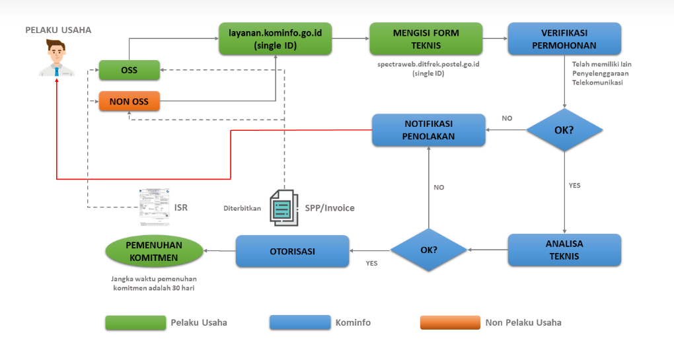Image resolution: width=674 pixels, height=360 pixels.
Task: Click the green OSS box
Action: tap(130, 69)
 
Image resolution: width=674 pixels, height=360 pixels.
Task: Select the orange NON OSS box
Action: tap(130, 101)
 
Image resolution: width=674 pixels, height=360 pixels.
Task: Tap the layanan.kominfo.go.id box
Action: tap(275, 38)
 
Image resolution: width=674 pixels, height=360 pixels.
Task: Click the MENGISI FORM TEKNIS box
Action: tap(426, 38)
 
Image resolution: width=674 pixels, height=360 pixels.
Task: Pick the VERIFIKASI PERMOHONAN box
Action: tap(564, 38)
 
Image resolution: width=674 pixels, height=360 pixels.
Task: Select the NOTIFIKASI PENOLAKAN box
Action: tap(429, 129)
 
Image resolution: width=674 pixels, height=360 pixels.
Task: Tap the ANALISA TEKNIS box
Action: tap(564, 250)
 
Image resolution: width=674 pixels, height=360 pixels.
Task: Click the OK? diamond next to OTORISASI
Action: tap(429, 250)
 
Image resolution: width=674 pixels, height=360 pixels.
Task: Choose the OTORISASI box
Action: tap(293, 251)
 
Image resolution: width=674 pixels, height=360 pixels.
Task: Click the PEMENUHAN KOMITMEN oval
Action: tap(153, 251)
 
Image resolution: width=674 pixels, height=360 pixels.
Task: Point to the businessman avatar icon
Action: tap(57, 58)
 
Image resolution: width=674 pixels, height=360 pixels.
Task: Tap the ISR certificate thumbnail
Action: tap(154, 204)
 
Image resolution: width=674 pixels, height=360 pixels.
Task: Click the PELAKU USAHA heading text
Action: tap(58, 30)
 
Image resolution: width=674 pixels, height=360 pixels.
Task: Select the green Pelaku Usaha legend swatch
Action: tap(135, 322)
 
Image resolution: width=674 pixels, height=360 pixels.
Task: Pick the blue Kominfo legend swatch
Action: tap(299, 322)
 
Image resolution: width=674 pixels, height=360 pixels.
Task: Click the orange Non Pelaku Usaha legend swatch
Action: tap(449, 322)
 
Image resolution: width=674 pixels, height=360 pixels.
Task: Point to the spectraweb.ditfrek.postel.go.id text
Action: tap(428, 64)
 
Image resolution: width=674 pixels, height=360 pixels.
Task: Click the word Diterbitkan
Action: tap(242, 208)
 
